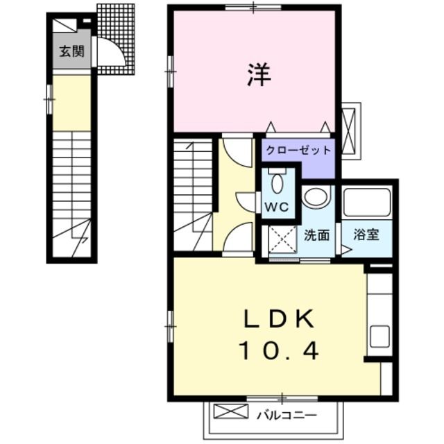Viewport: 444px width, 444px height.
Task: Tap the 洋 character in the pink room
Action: pos(255,76)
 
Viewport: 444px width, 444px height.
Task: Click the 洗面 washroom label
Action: pos(317,234)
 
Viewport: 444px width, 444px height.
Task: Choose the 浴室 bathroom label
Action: pos(367,234)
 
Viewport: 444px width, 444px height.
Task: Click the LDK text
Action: pos(279,320)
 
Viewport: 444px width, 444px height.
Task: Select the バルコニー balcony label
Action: pos(287,416)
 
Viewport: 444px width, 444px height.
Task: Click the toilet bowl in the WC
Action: pos(277,183)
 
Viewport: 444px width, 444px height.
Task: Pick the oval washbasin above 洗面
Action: pos(316,197)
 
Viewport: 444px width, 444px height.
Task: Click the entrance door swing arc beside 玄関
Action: pos(110,51)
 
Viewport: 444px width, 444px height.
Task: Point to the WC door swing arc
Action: pos(247,201)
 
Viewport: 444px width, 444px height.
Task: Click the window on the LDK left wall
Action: pos(169,326)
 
